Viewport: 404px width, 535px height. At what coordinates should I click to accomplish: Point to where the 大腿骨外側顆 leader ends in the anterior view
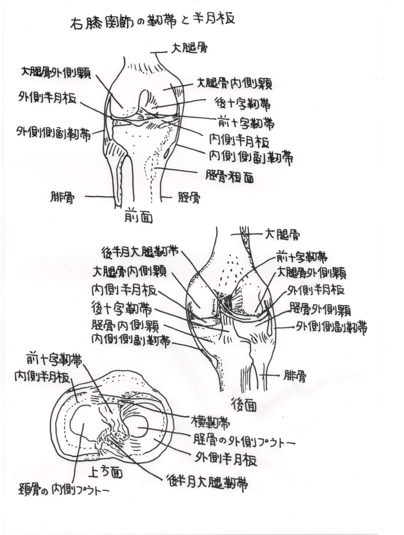click(122, 107)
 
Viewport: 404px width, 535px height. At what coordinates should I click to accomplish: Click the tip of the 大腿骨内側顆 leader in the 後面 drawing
click(200, 308)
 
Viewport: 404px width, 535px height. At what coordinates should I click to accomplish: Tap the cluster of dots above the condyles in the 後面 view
click(232, 271)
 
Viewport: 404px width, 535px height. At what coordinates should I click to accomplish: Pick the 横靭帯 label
click(210, 424)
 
